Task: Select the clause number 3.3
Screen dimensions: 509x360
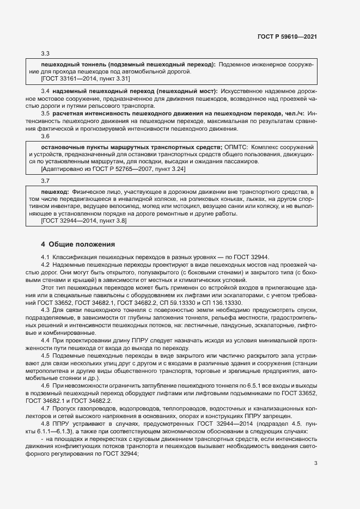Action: click(45, 53)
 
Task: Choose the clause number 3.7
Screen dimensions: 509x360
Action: click(45, 180)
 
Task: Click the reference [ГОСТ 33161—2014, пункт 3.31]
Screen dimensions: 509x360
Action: click(82, 78)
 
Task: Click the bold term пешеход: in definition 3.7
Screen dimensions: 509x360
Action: click(55, 192)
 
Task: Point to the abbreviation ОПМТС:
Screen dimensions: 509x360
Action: click(236, 148)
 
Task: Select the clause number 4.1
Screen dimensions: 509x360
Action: click(45, 257)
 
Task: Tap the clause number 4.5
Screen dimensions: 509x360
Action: click(45, 355)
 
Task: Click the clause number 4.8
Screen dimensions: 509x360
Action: click(45, 424)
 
